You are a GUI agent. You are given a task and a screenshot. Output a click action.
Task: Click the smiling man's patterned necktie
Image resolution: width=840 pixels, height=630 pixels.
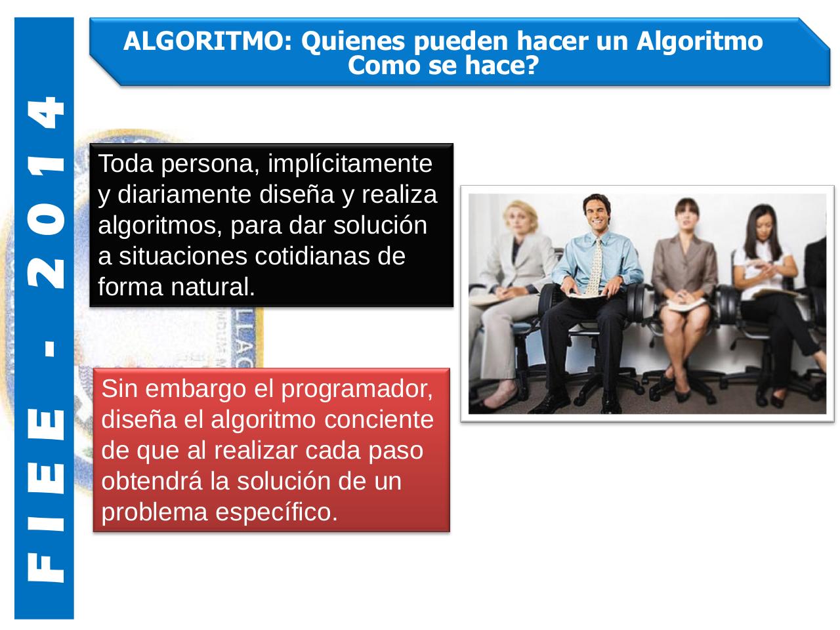pos(595,266)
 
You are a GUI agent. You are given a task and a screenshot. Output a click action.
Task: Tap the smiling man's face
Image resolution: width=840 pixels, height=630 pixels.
pos(597,216)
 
